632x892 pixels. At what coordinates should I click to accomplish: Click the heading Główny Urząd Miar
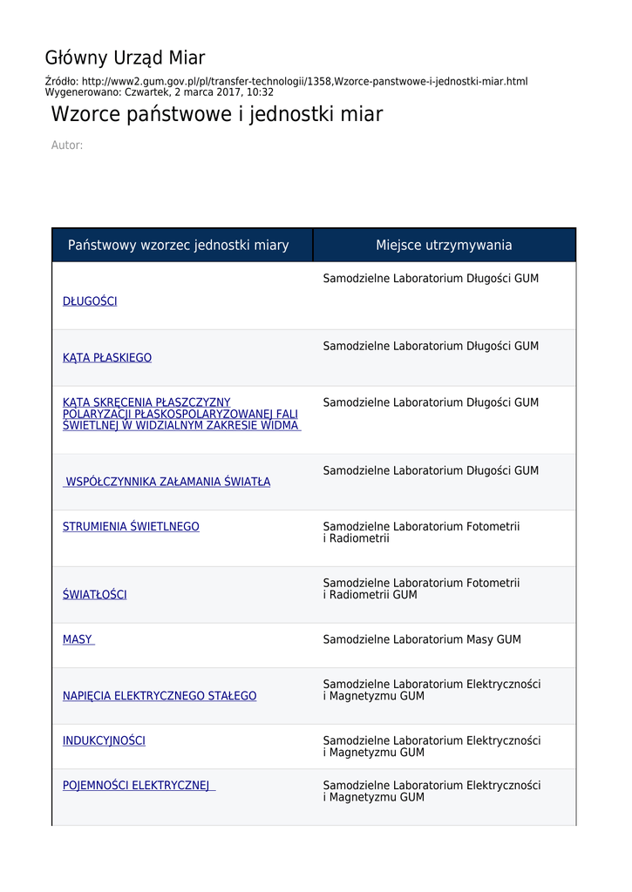tap(125, 58)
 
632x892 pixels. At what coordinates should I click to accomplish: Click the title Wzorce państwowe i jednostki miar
tap(216, 115)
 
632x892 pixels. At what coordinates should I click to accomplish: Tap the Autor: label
tap(67, 145)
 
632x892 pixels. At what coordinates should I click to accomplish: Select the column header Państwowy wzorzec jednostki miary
tap(178, 246)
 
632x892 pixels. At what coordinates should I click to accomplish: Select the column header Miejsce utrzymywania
tap(444, 246)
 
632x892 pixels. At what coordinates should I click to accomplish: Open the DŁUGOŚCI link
tap(90, 301)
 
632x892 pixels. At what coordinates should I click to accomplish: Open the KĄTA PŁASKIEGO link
tap(107, 358)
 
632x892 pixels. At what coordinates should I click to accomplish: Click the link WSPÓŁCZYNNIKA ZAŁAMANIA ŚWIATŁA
tap(167, 482)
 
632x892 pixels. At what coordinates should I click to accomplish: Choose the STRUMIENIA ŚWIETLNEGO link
tap(131, 527)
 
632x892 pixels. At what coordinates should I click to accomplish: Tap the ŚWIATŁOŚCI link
tap(94, 595)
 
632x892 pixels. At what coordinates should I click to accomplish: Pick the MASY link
tap(78, 639)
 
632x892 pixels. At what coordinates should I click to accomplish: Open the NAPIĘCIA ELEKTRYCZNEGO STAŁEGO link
tap(160, 696)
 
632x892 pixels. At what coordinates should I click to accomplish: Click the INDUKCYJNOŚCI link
tap(104, 741)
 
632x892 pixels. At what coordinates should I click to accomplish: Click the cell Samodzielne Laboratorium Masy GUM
tap(422, 639)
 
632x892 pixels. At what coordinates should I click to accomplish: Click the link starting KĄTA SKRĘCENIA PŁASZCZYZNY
tap(180, 414)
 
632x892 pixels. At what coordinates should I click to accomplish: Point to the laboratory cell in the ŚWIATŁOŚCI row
tap(421, 589)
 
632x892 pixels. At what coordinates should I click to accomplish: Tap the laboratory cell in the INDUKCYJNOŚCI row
tap(432, 747)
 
